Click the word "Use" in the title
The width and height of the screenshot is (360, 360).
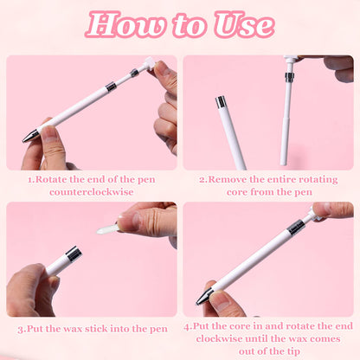[x=244, y=24]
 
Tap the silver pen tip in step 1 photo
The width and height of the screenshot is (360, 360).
[x=30, y=136]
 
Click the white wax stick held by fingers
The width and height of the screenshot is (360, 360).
[x=107, y=228]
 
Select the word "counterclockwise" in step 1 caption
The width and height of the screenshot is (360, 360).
[x=91, y=192]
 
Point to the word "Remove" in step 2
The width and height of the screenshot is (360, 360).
[x=228, y=179]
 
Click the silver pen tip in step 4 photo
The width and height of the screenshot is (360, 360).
[x=204, y=297]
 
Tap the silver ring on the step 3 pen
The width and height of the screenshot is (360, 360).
[x=74, y=254]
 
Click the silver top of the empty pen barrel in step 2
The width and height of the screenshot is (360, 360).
[x=222, y=102]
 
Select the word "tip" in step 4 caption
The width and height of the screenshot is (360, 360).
[x=293, y=351]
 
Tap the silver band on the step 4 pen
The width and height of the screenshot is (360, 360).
[x=296, y=227]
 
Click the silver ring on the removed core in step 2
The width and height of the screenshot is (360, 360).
[x=289, y=76]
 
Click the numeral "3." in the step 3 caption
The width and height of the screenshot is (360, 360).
[x=22, y=329]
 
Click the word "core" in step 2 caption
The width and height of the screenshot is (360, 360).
[x=237, y=192]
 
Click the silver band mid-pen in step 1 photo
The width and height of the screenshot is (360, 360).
[x=111, y=87]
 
